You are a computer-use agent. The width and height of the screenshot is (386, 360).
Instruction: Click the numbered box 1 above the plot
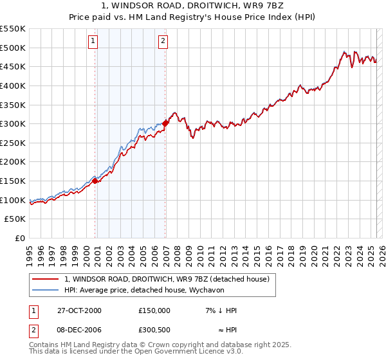click(94, 42)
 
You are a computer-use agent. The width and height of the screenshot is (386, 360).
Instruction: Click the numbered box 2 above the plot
click(163, 42)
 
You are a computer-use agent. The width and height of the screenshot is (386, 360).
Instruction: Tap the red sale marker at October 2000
click(95, 181)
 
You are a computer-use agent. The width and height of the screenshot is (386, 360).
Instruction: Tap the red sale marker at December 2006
click(165, 123)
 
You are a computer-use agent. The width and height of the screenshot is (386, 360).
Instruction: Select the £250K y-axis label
click(13, 143)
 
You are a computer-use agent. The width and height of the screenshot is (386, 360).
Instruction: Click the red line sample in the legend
click(46, 279)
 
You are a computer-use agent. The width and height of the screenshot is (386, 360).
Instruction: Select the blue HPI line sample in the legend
click(46, 289)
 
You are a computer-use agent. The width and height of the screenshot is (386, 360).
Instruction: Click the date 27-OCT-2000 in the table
click(79, 310)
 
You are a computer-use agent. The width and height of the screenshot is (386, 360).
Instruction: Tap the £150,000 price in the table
click(154, 310)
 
